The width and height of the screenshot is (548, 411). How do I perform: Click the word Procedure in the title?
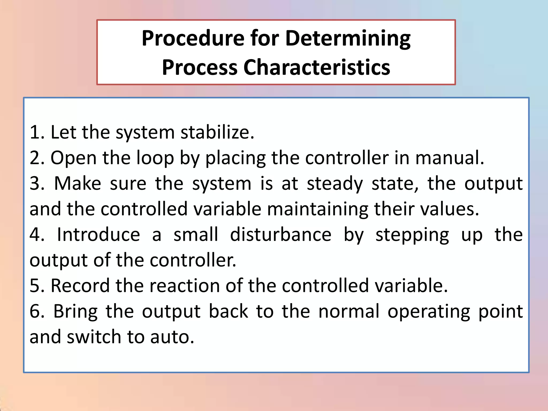193,39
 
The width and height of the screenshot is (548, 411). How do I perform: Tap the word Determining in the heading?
348,39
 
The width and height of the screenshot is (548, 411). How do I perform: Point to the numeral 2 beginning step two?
35,158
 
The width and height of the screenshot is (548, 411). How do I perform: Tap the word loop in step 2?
155,158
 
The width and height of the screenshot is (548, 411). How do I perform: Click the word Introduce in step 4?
98,235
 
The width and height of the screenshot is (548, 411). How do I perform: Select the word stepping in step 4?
412,235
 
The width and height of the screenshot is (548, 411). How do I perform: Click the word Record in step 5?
80,286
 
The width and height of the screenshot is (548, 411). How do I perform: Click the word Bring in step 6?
75,311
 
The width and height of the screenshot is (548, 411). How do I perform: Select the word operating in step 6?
429,311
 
